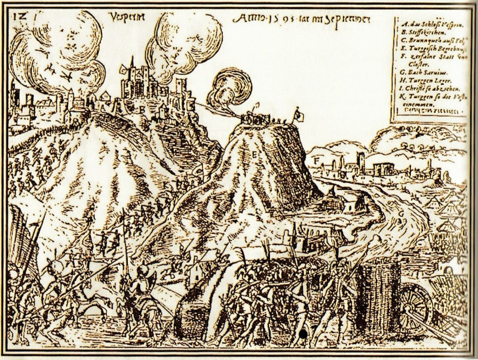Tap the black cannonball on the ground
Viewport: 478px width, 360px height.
click(304, 332)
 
